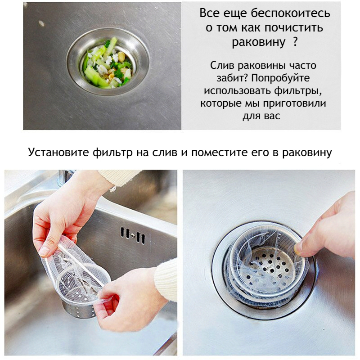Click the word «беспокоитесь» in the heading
(x=290, y=13)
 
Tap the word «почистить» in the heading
(x=294, y=28)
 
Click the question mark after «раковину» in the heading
(x=296, y=42)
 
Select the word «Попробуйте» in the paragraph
(x=280, y=78)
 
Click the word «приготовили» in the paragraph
(x=294, y=103)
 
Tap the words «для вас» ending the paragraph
(x=261, y=116)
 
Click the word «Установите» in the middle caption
(x=58, y=152)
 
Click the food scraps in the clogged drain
(x=107, y=63)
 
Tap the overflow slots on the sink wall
(x=133, y=235)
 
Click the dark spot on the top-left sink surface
(x=41, y=23)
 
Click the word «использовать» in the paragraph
(x=238, y=91)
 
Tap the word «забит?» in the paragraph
(x=232, y=78)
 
